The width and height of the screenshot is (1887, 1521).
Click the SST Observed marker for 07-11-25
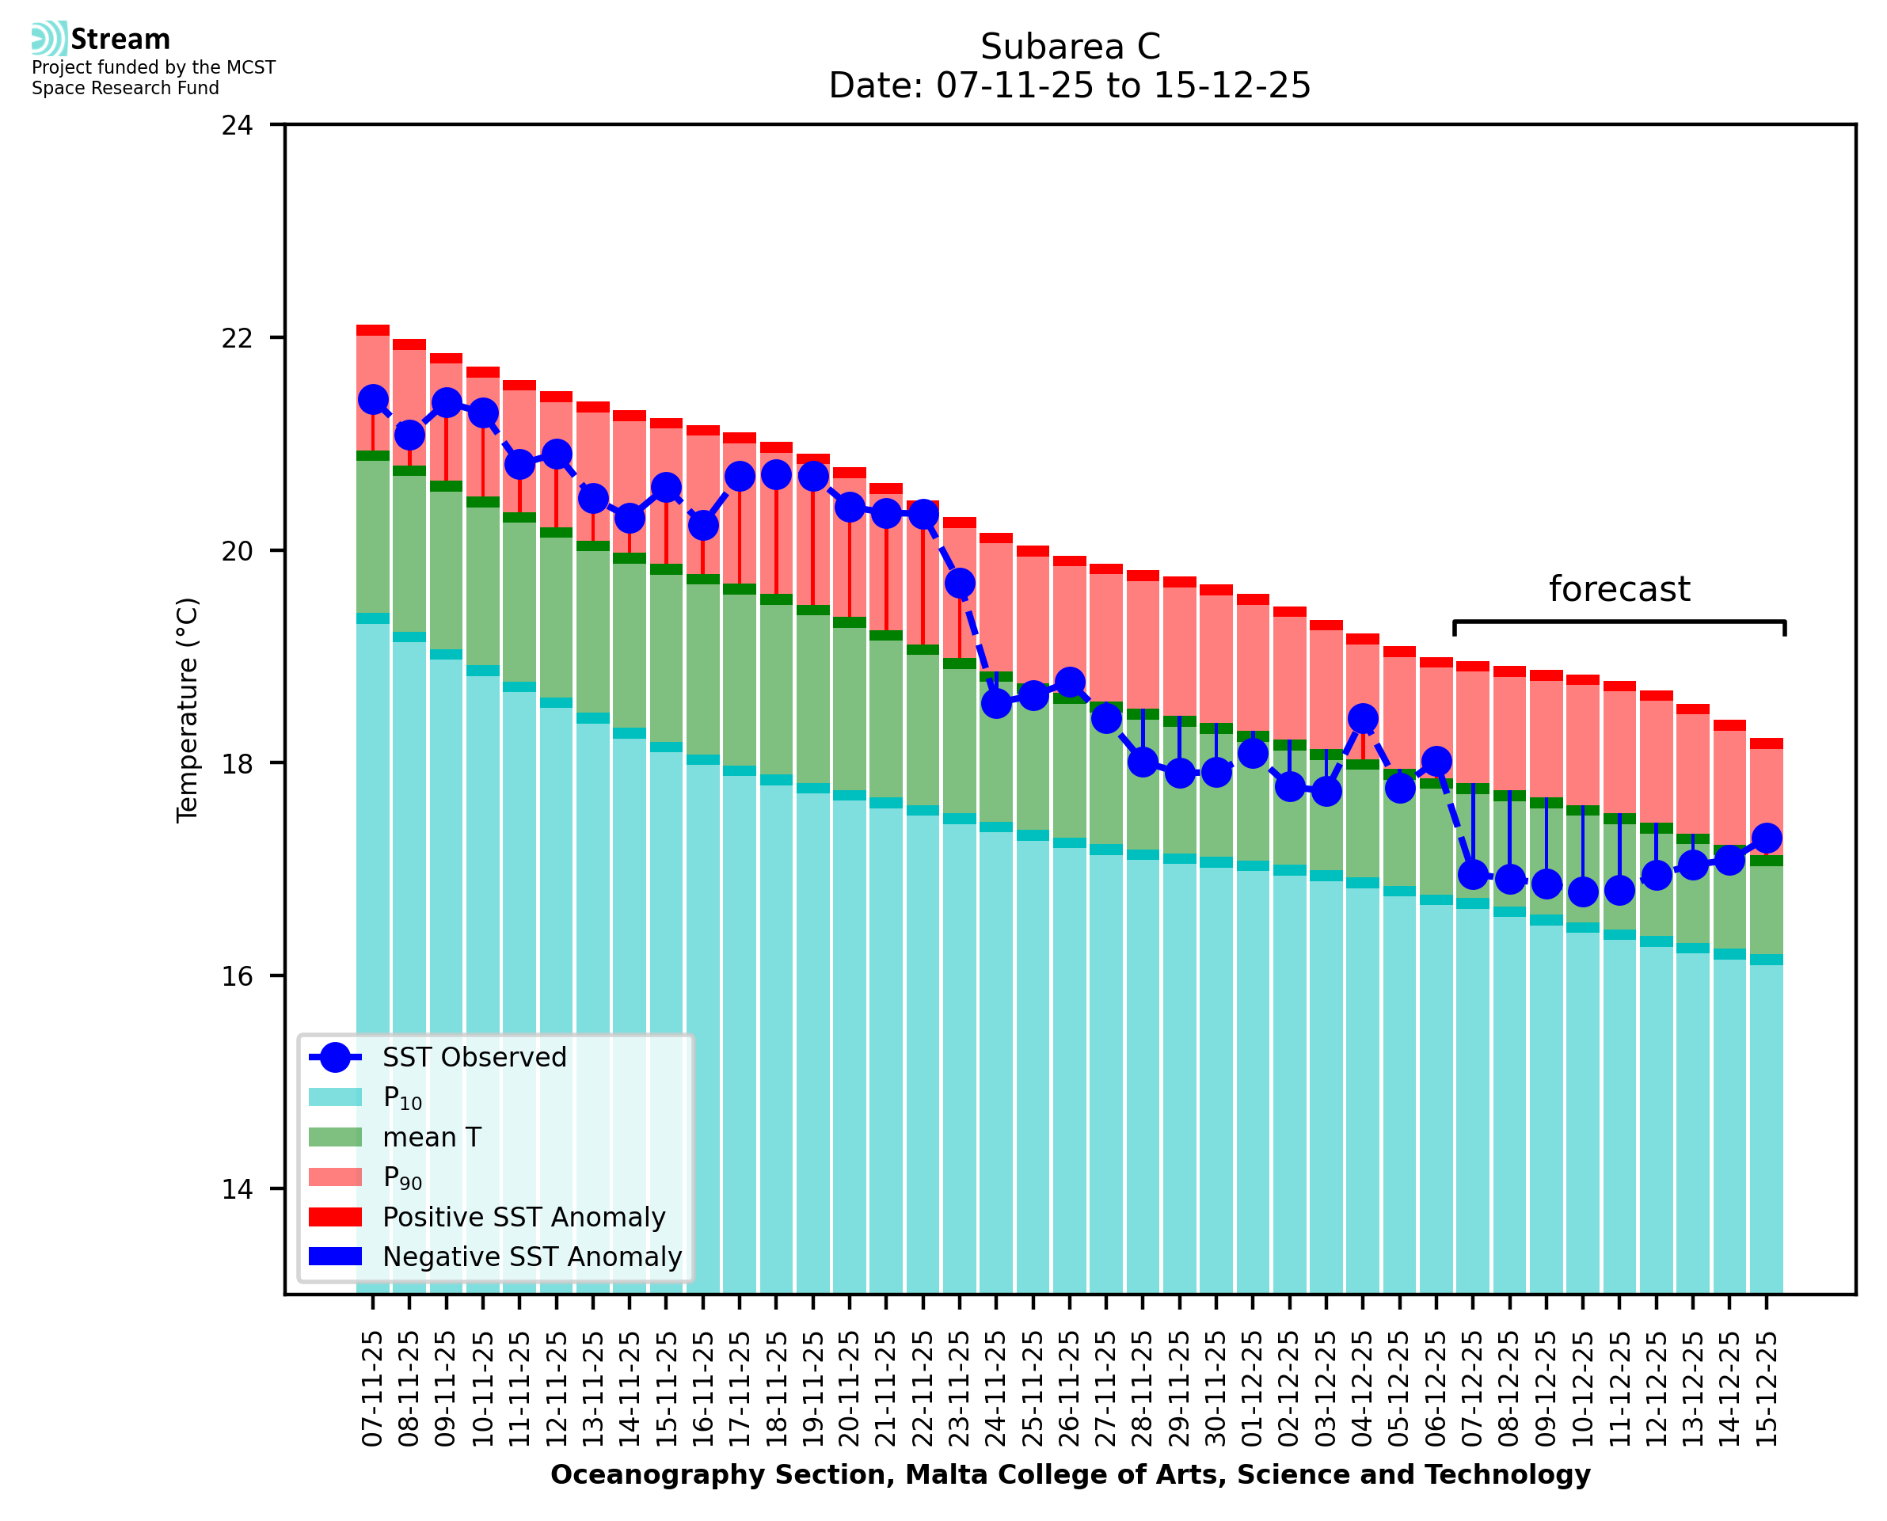click(x=373, y=400)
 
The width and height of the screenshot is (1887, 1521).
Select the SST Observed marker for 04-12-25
click(x=1362, y=718)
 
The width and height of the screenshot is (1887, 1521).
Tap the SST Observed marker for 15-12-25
click(x=1766, y=838)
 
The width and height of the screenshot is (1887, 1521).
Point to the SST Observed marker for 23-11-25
click(x=961, y=583)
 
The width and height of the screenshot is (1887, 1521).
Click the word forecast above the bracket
click(x=1619, y=589)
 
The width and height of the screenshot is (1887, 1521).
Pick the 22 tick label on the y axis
click(x=237, y=338)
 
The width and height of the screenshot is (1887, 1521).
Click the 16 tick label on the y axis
click(x=237, y=977)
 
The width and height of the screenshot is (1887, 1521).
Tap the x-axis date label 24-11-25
click(x=997, y=1390)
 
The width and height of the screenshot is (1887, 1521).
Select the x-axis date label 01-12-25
click(x=1253, y=1390)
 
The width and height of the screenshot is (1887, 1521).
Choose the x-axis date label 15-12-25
click(x=1766, y=1390)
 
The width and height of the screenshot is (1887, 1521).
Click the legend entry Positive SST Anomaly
click(x=523, y=1217)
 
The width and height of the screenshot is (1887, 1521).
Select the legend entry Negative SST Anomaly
click(x=531, y=1257)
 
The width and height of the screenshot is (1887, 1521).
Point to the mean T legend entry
click(x=431, y=1137)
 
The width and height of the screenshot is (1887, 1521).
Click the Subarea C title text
click(x=1070, y=47)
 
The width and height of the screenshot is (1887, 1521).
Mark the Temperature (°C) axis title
click(x=188, y=709)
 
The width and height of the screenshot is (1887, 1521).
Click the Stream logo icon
click(x=50, y=39)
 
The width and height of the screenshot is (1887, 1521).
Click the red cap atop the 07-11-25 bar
click(x=373, y=330)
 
